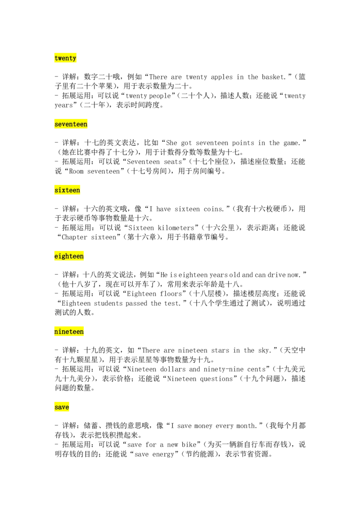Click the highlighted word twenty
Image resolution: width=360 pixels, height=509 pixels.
coord(66,58)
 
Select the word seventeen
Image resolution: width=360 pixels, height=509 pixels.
coord(71,124)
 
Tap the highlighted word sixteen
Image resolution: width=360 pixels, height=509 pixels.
coord(67,190)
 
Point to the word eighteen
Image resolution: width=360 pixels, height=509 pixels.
coord(69,256)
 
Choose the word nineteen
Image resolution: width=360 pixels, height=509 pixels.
coord(69,332)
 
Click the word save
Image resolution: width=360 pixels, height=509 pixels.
coord(62,407)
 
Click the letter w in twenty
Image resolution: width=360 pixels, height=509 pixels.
coord(60,58)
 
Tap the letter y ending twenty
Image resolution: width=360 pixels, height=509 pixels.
coord(74,59)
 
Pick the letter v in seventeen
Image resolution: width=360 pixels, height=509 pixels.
coord(63,125)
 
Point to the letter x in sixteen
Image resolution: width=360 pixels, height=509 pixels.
coord(63,191)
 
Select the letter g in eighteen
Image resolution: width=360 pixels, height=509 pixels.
coord(63,257)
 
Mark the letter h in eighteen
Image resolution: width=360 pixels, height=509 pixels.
coord(67,256)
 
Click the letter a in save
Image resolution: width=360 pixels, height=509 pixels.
coord(60,408)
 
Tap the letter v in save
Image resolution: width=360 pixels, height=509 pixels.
coord(63,408)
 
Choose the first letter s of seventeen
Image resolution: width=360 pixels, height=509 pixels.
coord(56,125)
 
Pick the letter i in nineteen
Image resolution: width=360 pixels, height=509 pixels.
coord(60,332)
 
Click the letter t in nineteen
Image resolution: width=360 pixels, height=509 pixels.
coord(71,332)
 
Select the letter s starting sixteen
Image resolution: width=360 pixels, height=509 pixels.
coord(56,191)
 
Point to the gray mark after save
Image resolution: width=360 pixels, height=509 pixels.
coord(71,408)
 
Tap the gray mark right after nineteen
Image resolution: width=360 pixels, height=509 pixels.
coord(85,333)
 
